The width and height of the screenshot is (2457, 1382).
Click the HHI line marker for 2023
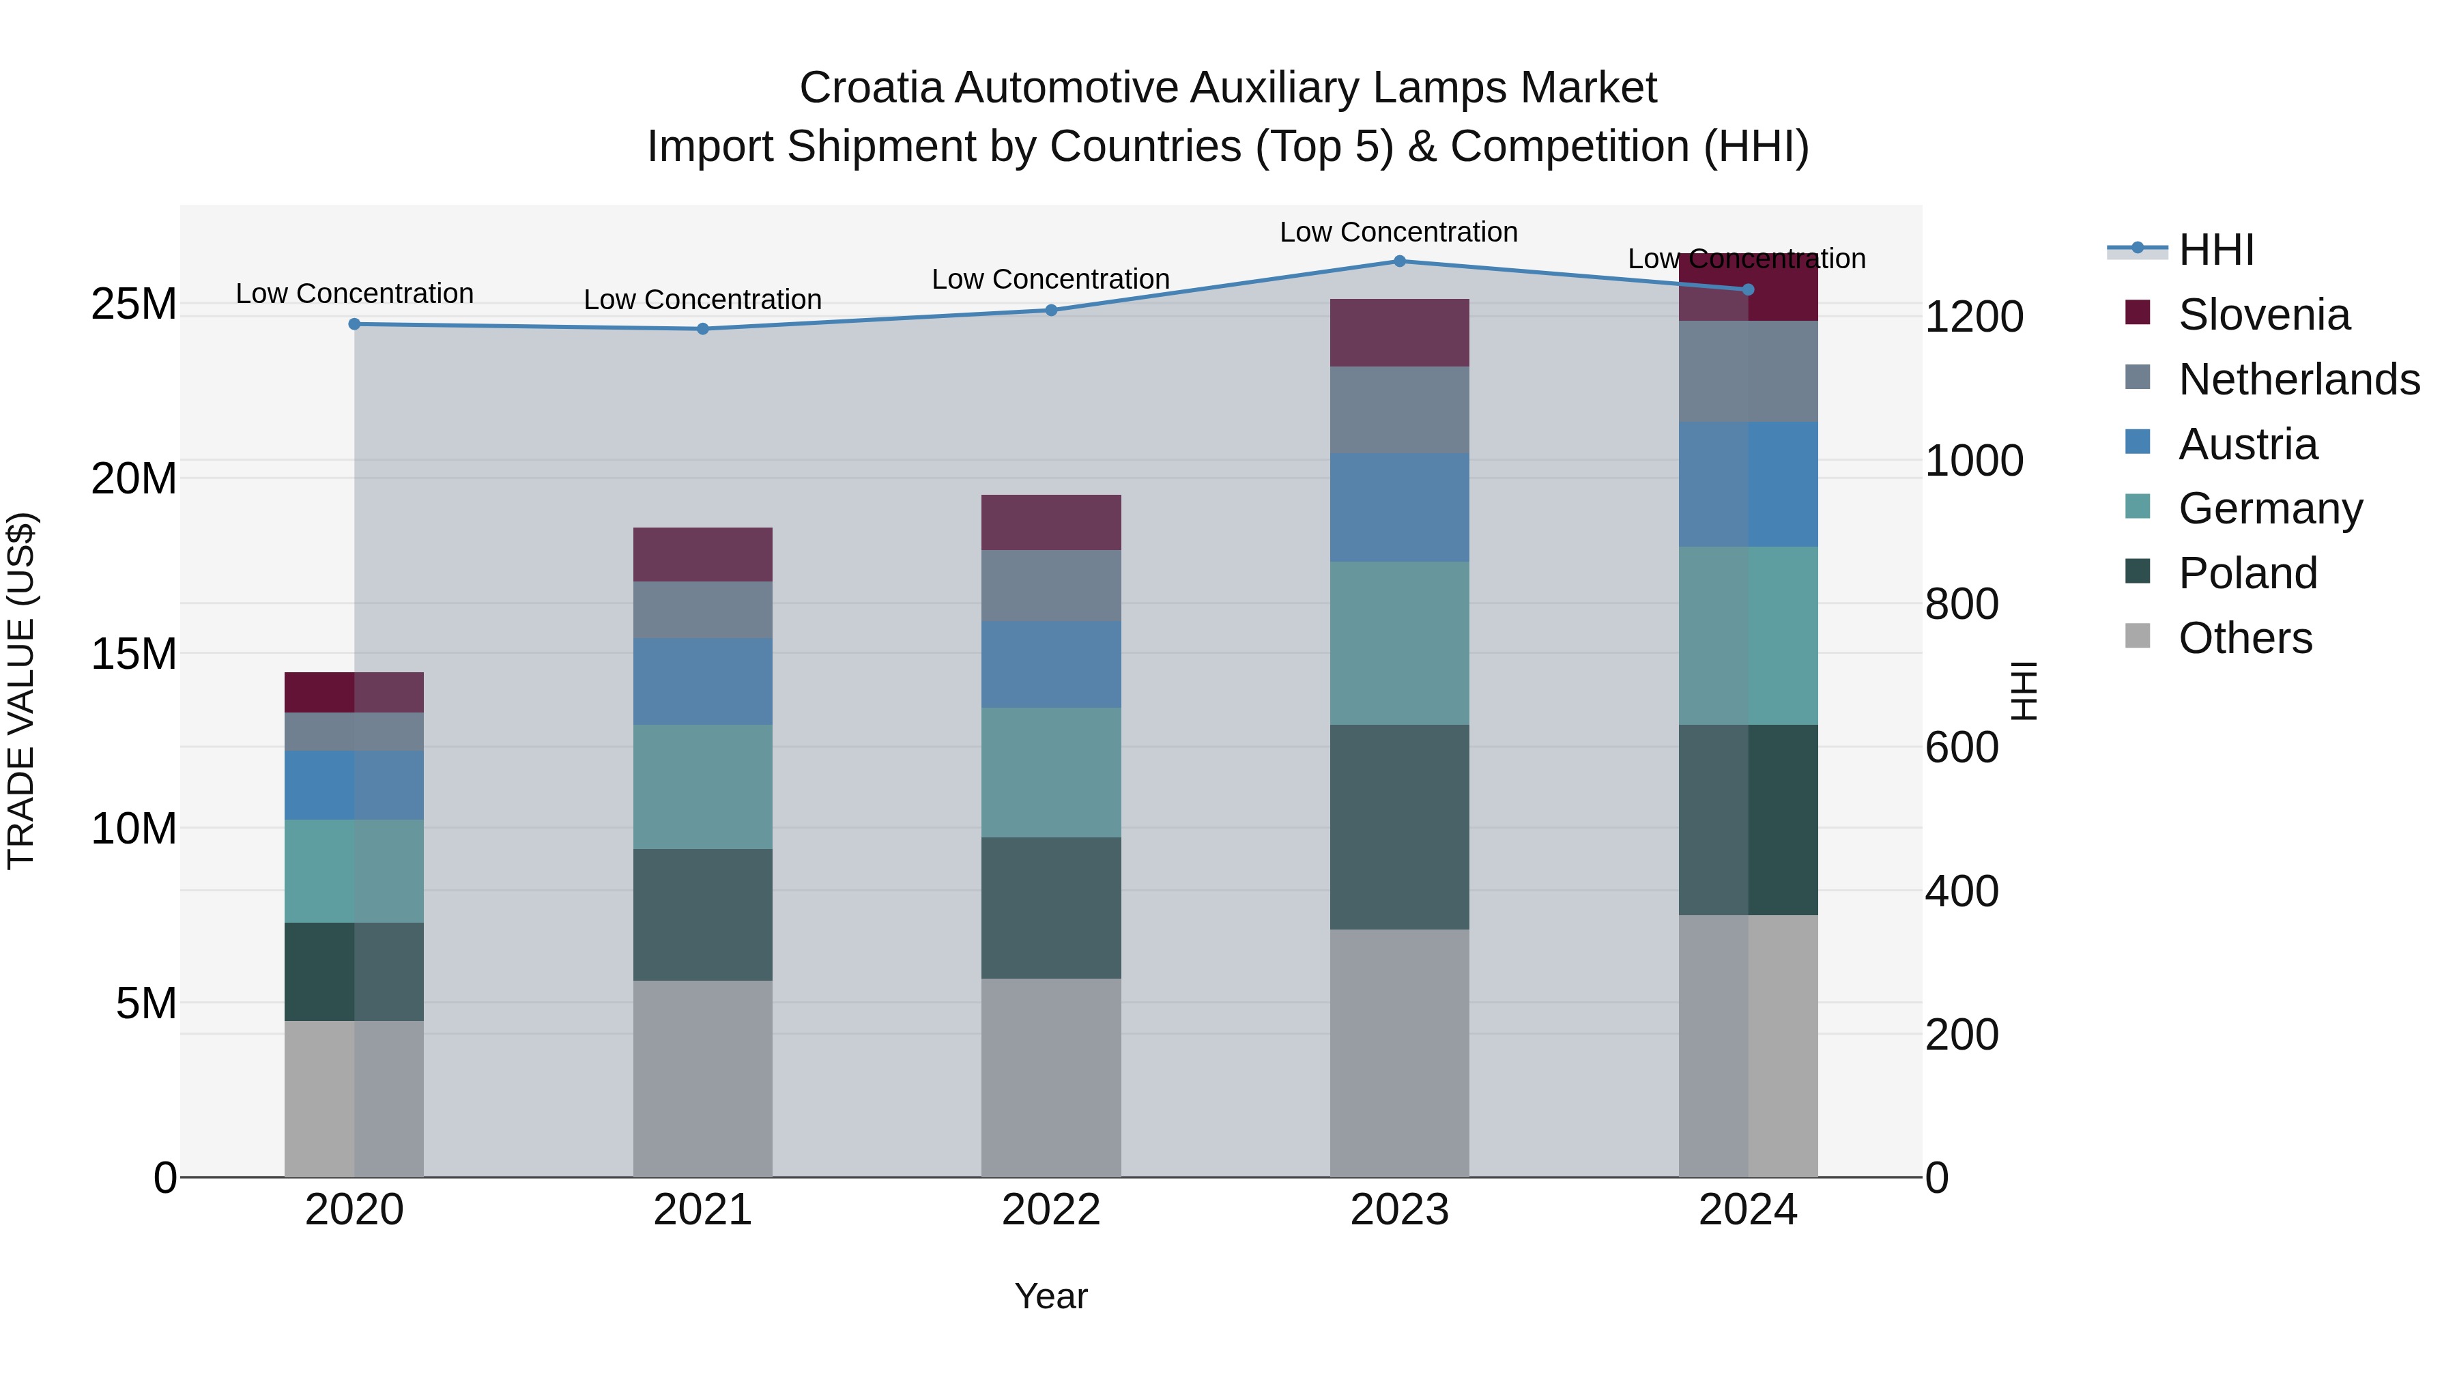point(1399,261)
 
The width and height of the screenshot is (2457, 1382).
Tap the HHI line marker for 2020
point(355,324)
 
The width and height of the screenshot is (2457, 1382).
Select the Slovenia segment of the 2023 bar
point(1399,333)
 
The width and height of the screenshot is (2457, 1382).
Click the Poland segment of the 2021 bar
point(703,915)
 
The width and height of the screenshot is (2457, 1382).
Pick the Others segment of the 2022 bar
point(1051,1078)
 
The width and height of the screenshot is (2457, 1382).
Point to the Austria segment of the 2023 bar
point(1399,507)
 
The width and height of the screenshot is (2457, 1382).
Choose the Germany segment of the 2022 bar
point(1051,773)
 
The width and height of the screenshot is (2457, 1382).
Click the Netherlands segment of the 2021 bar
point(703,610)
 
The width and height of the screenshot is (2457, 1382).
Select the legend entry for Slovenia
point(2263,315)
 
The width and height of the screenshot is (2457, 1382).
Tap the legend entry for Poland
point(2247,573)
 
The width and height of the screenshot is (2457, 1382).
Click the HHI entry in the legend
point(2215,250)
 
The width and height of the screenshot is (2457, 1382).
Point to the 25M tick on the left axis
point(134,304)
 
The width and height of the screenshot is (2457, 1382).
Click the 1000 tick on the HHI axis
point(1973,461)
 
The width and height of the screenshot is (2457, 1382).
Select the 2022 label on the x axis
point(1051,1210)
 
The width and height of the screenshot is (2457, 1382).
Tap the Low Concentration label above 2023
point(1398,232)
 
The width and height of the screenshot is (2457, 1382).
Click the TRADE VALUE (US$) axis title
point(21,691)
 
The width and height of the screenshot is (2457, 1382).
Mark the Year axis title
point(1051,1296)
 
